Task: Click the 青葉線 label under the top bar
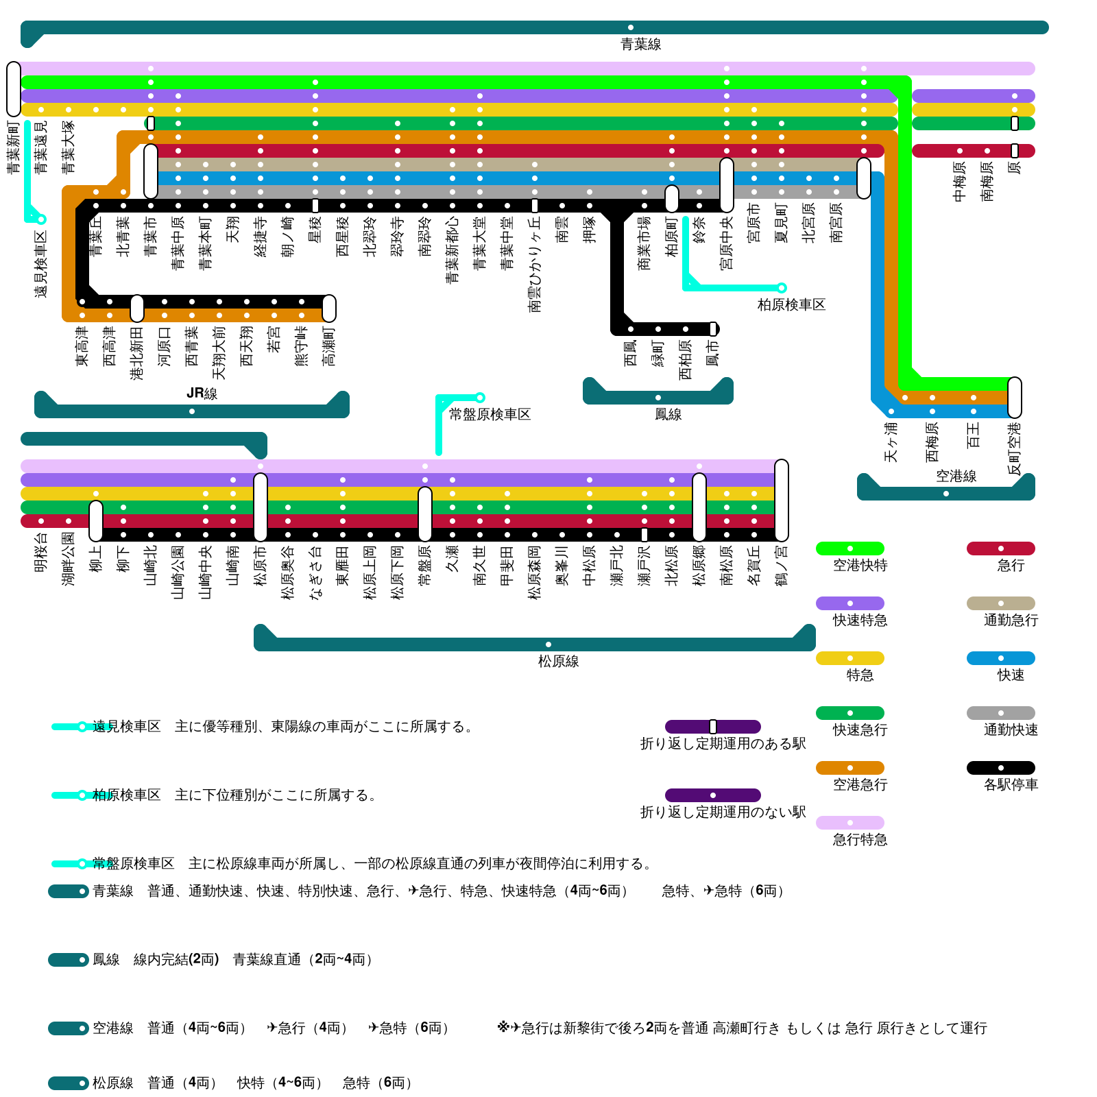click(640, 45)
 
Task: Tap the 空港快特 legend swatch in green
click(849, 548)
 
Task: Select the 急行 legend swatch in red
click(1000, 548)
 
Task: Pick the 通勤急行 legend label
click(1011, 620)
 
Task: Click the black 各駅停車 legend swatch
click(1000, 768)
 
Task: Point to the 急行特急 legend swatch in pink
click(849, 823)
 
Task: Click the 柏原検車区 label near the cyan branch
click(791, 305)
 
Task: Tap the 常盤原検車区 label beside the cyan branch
click(490, 415)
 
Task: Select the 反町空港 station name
click(1015, 449)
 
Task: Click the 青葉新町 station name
click(14, 147)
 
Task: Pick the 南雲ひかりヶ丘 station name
click(535, 264)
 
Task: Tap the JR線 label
click(202, 394)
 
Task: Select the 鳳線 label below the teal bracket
click(668, 415)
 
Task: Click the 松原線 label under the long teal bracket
click(558, 662)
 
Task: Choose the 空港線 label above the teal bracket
click(956, 476)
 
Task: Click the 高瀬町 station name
click(329, 346)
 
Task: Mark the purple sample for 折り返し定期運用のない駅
click(712, 795)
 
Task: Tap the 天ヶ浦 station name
click(891, 442)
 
